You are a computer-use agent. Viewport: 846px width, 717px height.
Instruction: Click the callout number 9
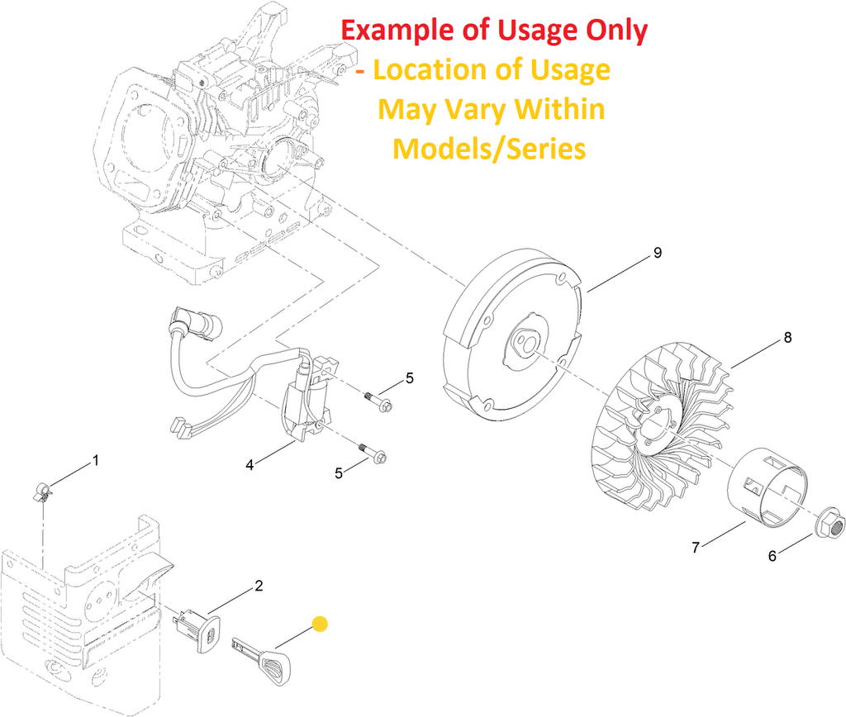(x=658, y=253)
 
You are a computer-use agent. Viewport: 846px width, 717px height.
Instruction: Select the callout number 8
(x=787, y=337)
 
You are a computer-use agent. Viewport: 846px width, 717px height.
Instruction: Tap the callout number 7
(x=696, y=547)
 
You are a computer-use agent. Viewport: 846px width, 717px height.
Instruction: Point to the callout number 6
(x=772, y=556)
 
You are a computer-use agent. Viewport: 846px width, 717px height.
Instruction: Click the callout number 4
(x=250, y=465)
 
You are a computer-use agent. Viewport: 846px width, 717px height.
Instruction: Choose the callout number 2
(x=259, y=586)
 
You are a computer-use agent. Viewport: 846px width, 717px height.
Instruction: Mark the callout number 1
(x=95, y=459)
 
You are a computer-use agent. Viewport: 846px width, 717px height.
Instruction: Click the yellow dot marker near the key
(x=320, y=624)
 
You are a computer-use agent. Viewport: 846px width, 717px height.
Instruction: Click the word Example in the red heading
(x=398, y=31)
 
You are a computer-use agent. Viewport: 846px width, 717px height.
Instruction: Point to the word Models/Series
(x=489, y=149)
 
